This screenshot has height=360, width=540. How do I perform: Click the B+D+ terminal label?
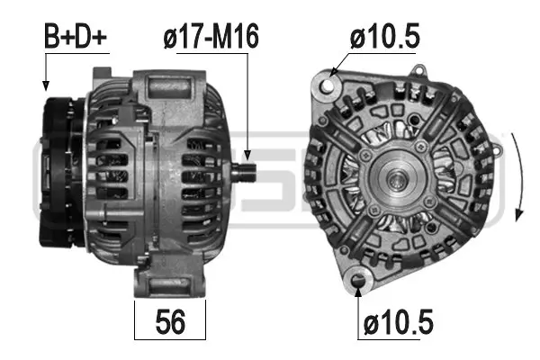click(x=76, y=37)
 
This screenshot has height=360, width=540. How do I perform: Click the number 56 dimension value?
click(x=170, y=321)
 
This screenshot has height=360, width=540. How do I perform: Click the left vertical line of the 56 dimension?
click(x=134, y=319)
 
